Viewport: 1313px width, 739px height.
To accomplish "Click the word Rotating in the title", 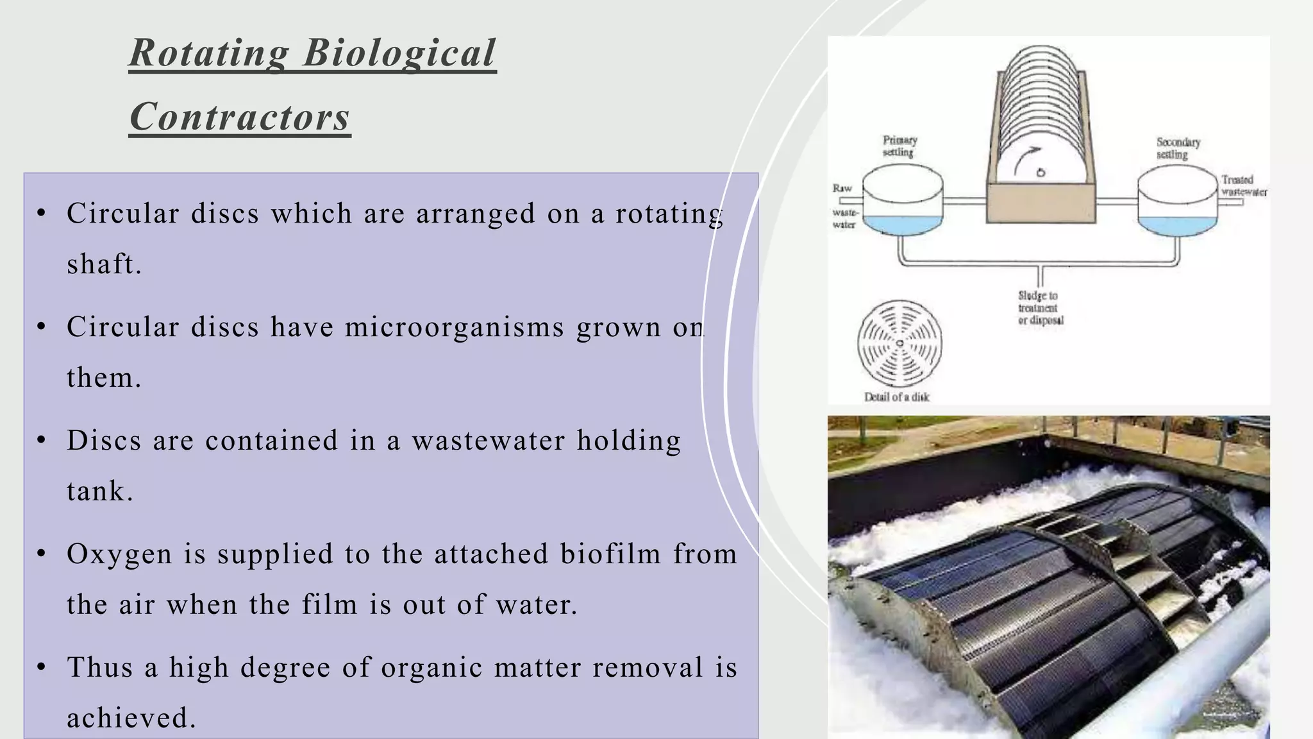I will [209, 53].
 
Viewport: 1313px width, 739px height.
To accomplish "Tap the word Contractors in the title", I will [240, 117].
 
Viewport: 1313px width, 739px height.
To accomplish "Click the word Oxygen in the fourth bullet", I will [119, 554].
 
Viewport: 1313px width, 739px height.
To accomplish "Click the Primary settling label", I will [899, 146].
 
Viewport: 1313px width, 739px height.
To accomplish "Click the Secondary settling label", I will [1177, 148].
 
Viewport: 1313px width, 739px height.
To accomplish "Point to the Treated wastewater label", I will [1242, 185].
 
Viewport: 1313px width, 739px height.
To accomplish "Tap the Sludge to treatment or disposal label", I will [1040, 308].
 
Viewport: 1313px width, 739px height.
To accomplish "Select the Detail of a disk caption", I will [896, 397].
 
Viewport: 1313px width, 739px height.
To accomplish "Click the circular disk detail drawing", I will [899, 343].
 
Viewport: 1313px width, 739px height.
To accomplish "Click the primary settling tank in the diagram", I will [902, 200].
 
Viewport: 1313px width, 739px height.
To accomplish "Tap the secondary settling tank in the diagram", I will [1176, 201].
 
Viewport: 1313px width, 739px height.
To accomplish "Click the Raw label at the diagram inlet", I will [842, 188].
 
